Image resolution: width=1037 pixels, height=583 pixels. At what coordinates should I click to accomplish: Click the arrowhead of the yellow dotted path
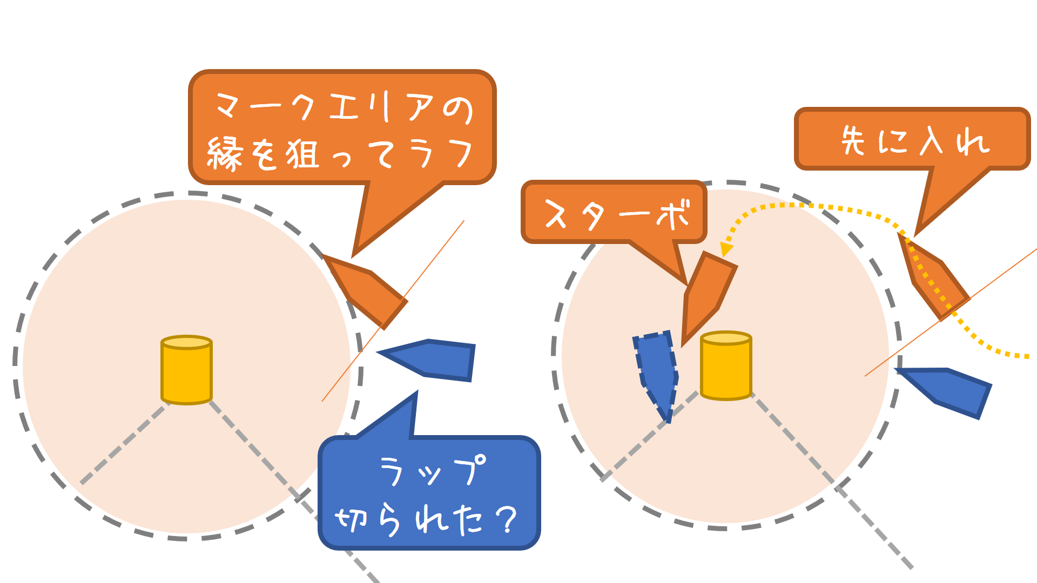click(x=726, y=249)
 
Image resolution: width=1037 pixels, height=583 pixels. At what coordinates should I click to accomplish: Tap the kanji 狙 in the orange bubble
click(x=302, y=154)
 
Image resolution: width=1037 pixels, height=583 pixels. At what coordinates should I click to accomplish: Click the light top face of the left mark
click(x=186, y=342)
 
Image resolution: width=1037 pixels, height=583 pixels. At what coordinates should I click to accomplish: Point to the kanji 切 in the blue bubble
click(x=352, y=519)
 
